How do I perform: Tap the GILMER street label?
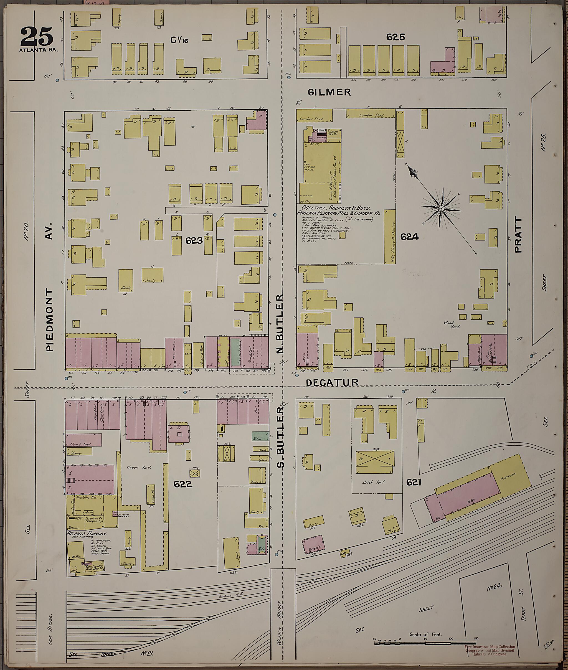pos(329,92)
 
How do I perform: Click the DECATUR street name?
pos(332,382)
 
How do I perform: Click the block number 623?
pos(194,240)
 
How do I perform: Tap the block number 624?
pos(409,237)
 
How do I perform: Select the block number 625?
pos(395,37)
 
